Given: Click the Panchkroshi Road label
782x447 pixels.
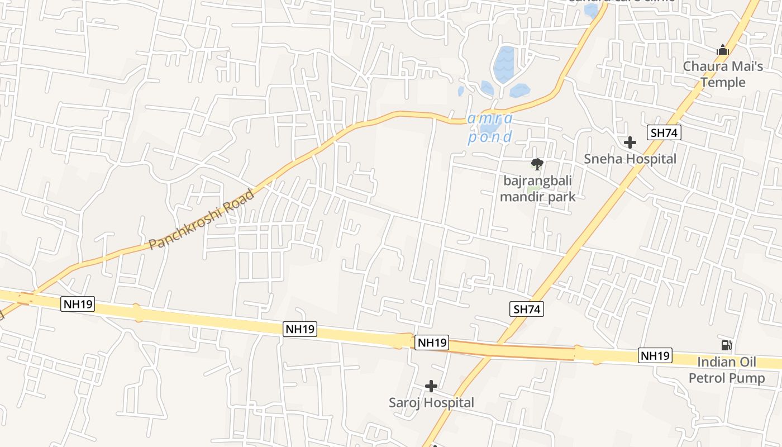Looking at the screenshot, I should pos(202,220).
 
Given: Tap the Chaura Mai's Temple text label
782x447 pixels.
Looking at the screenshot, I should pos(723,74).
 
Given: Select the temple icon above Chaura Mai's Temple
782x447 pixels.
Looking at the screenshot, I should pos(723,50).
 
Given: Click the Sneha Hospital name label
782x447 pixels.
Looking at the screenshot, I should pos(630,159).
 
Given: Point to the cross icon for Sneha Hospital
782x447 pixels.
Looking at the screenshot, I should pos(630,142).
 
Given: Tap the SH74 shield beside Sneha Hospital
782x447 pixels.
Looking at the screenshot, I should pos(664,133).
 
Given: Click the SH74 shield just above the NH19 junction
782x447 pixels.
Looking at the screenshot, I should pos(527,309).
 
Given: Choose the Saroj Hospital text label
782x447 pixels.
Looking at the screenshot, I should pos(431,402).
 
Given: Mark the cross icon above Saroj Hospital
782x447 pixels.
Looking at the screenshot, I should pos(431,386).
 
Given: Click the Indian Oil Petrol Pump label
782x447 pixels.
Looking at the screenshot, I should pos(726,370).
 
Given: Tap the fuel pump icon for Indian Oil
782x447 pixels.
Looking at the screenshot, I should pos(726,345).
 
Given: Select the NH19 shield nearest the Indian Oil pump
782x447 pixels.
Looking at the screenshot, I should pos(655,355).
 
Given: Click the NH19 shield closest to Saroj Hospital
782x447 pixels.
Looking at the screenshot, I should pos(432,343).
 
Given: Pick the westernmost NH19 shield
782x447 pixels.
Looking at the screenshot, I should pos(78,304).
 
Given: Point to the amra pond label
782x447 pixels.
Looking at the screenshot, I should pos(490,128).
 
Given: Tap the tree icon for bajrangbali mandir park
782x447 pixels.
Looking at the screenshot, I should pos(537,164).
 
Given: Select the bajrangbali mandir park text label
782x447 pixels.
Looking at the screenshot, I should pos(537,189).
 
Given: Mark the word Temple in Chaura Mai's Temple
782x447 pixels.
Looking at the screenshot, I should pos(723,82).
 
